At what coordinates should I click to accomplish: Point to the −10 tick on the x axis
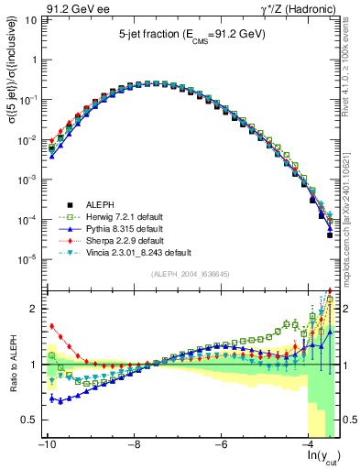[x=45, y=444]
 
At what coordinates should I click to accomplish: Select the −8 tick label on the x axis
[x=134, y=444]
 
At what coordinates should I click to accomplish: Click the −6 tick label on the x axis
[x=222, y=444]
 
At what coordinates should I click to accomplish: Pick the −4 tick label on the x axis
[x=311, y=444]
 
